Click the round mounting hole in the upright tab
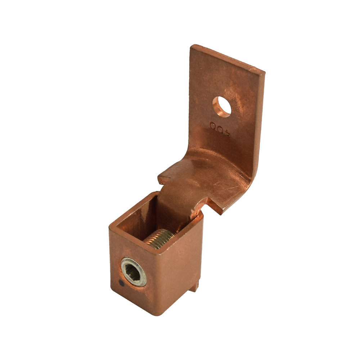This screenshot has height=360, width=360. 222,106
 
